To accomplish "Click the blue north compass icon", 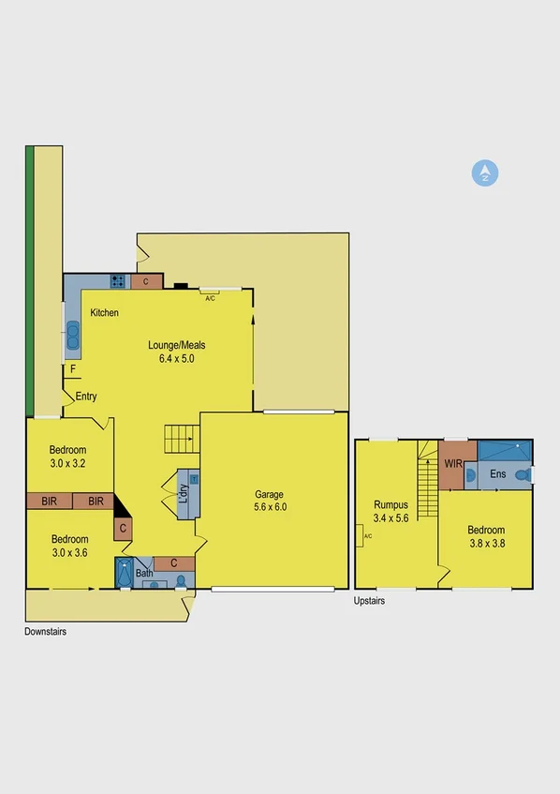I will point(485,172).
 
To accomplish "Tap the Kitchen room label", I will point(104,312).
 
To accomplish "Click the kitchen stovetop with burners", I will point(119,280).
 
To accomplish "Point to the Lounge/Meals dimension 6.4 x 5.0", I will point(176,358).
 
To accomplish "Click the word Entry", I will point(86,397).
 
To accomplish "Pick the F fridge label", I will point(73,369).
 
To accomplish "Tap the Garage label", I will point(270,494).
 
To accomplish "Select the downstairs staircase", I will point(183,437).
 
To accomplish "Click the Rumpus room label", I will point(391,504).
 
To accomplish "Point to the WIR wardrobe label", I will point(453,464).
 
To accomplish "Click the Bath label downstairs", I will point(143,573).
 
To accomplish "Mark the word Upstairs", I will point(369,601).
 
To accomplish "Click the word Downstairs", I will point(45,632).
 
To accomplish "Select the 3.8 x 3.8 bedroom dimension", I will point(487,542).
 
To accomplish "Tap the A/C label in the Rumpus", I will point(367,536).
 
